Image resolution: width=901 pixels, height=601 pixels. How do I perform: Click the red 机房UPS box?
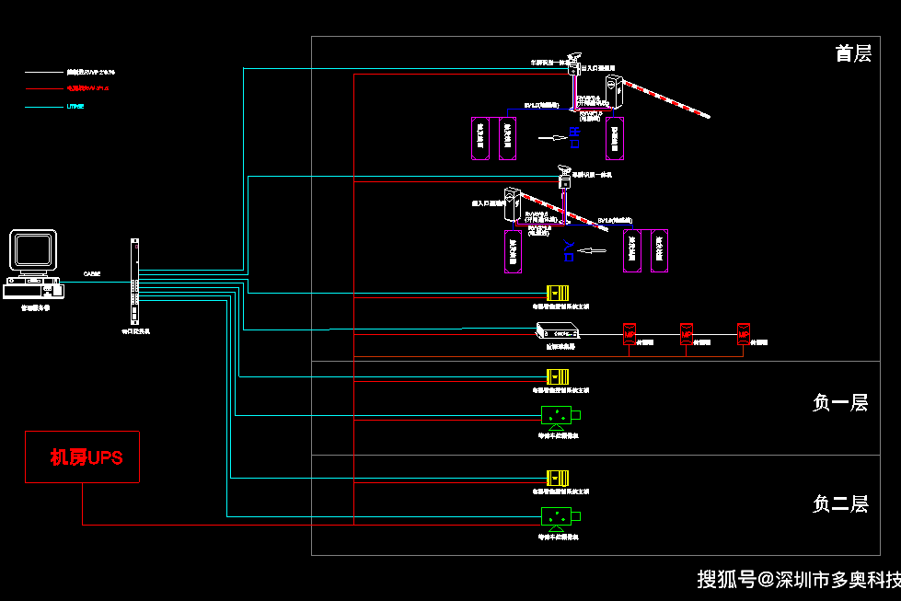tap(82, 457)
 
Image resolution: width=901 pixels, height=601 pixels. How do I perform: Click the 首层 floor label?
tap(853, 53)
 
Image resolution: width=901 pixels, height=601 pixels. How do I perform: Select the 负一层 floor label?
tap(840, 402)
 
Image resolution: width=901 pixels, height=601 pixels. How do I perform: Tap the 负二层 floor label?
tap(840, 503)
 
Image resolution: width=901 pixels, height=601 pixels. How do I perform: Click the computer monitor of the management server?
tap(33, 250)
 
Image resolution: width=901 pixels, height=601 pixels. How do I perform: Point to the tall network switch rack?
tap(134, 280)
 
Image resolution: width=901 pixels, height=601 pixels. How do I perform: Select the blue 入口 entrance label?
tap(568, 250)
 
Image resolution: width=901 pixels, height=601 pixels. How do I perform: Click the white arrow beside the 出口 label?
tap(553, 138)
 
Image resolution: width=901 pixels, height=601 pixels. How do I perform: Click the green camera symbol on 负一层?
tap(558, 415)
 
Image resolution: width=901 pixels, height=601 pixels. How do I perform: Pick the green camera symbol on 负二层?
tap(558, 516)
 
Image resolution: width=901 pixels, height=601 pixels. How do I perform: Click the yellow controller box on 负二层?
tap(558, 479)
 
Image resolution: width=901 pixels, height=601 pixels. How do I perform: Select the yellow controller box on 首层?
tap(558, 293)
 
